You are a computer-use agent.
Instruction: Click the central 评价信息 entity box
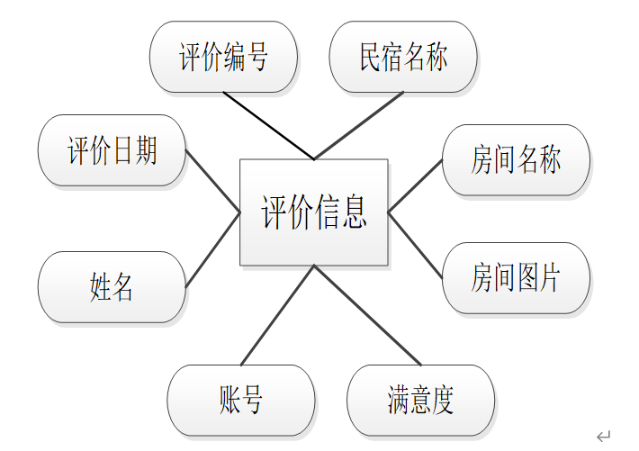[x=313, y=212]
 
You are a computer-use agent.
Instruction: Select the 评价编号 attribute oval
[x=223, y=58]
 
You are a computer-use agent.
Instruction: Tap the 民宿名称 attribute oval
[x=402, y=58]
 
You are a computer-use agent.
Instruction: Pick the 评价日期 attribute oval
[x=112, y=150]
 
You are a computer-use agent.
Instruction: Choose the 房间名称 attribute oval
[x=516, y=160]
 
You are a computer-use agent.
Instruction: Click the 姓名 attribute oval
[x=112, y=287]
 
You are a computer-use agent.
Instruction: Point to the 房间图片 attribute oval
[x=516, y=277]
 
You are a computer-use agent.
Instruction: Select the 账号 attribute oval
[x=241, y=400]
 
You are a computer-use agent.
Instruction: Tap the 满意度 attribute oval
[x=420, y=400]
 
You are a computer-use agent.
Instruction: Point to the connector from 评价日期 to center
[x=212, y=181]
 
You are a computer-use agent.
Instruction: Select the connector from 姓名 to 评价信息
[x=212, y=250]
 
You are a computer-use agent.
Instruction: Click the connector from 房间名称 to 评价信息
[x=415, y=186]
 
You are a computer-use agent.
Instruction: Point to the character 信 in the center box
[x=329, y=212]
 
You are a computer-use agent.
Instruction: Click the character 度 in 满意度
[x=443, y=400]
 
